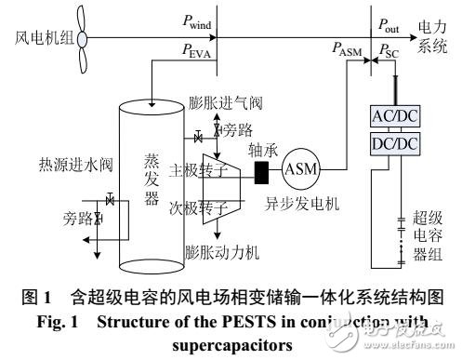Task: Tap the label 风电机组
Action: coord(36,40)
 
